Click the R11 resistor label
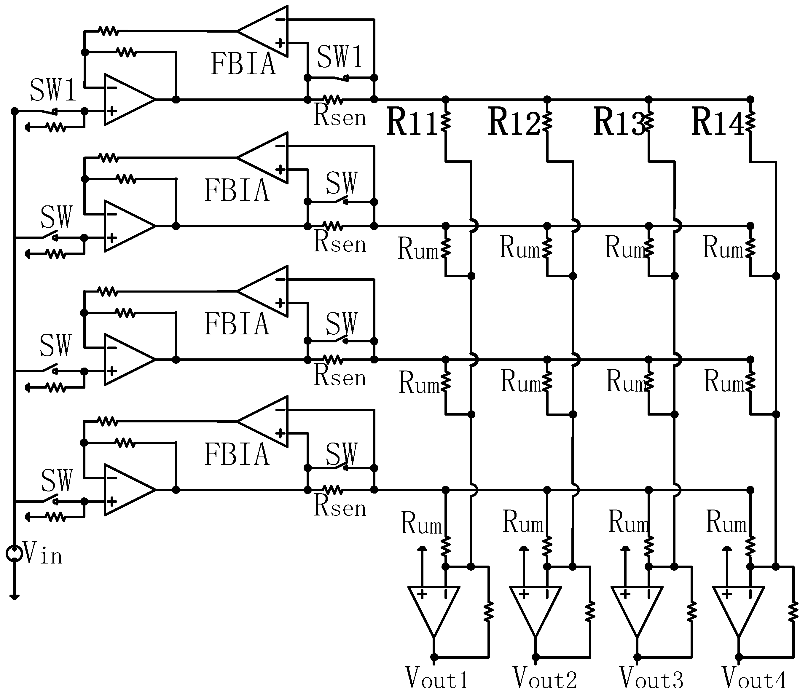click(412, 123)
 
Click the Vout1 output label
click(437, 678)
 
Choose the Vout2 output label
click(545, 678)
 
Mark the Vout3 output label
click(651, 678)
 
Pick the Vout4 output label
click(754, 678)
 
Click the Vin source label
click(43, 553)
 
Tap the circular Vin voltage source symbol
click(14, 553)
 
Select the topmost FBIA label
click(243, 64)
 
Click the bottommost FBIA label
click(237, 454)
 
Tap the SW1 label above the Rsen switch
click(340, 57)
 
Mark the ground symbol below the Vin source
click(14, 597)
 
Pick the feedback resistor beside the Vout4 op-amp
click(793, 612)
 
